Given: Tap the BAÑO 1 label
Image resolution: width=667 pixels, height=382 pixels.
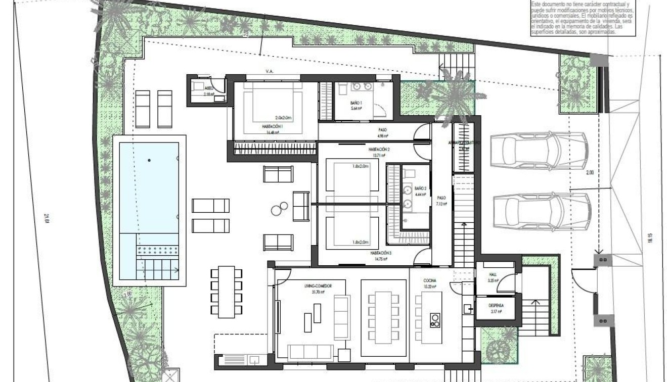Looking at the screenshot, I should (x=356, y=103).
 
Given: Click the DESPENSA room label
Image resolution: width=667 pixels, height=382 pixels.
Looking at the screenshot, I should (x=496, y=306).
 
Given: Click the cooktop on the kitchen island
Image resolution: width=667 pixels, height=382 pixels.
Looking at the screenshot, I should (x=434, y=319).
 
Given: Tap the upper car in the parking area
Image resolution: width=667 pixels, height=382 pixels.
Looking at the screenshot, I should (x=540, y=147).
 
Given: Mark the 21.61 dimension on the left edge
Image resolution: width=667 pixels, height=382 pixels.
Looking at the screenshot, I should (x=46, y=218).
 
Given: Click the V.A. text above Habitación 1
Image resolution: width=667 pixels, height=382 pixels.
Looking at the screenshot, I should (x=270, y=72).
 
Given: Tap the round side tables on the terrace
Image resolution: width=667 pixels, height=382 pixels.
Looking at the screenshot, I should (x=279, y=208).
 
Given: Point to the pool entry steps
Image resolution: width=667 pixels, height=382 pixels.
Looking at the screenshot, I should (x=157, y=265).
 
